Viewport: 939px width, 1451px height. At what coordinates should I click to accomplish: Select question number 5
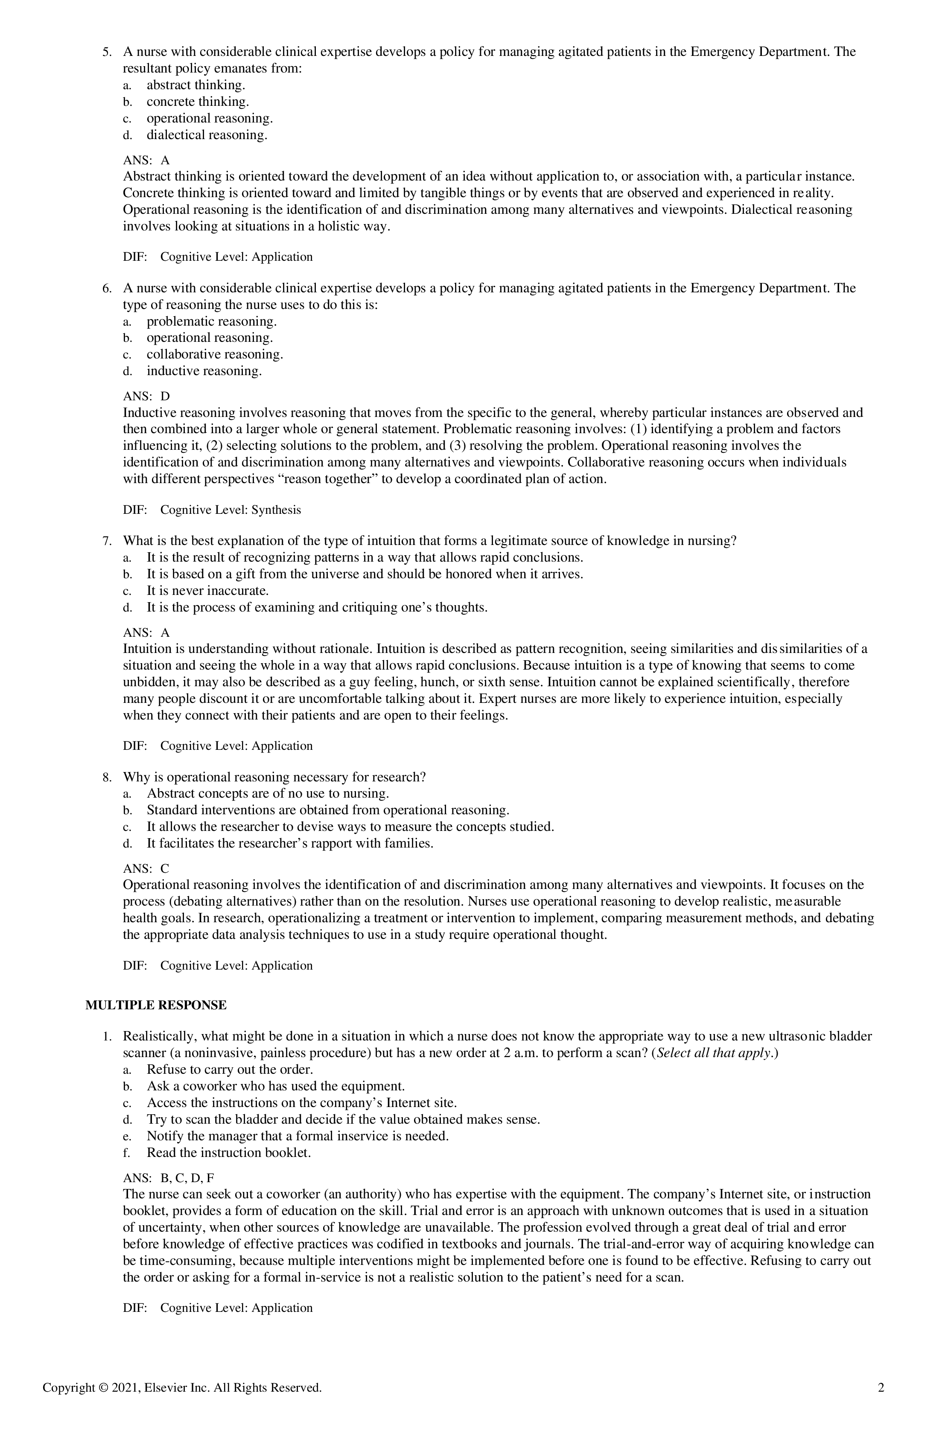pos(106,52)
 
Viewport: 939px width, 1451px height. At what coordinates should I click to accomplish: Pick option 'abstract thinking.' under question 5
pos(195,85)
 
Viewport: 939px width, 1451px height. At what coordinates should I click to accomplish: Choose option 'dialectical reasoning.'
pos(207,135)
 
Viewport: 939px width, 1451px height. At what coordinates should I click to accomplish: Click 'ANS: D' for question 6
pos(146,396)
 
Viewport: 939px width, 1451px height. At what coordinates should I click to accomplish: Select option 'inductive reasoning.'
pos(204,371)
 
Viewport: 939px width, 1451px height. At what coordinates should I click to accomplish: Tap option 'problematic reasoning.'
pos(211,321)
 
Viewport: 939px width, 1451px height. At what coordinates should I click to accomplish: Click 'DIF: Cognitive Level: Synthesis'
pos(212,510)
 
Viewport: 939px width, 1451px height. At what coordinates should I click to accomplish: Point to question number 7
pos(106,541)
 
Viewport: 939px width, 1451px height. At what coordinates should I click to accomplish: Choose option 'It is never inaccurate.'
pos(207,591)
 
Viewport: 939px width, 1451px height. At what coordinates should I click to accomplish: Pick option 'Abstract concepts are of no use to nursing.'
pos(268,794)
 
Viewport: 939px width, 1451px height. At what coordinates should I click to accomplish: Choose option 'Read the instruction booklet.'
pos(229,1153)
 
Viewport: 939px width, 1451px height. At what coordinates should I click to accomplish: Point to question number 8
pos(106,777)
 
